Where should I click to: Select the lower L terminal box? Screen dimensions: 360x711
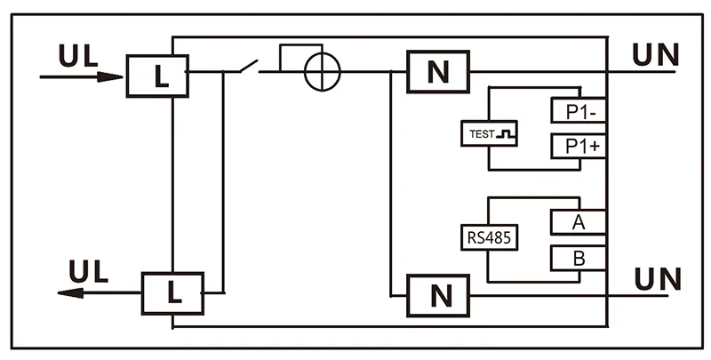click(173, 291)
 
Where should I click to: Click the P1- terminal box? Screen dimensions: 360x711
click(579, 110)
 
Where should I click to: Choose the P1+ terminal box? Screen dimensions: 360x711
click(579, 147)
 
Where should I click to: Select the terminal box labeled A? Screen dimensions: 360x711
click(579, 222)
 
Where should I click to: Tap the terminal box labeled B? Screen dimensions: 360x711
click(579, 260)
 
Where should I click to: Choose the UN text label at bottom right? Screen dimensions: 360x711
click(656, 278)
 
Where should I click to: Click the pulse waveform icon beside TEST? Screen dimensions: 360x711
click(509, 134)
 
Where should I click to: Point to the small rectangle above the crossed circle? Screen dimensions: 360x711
click(300, 56)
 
